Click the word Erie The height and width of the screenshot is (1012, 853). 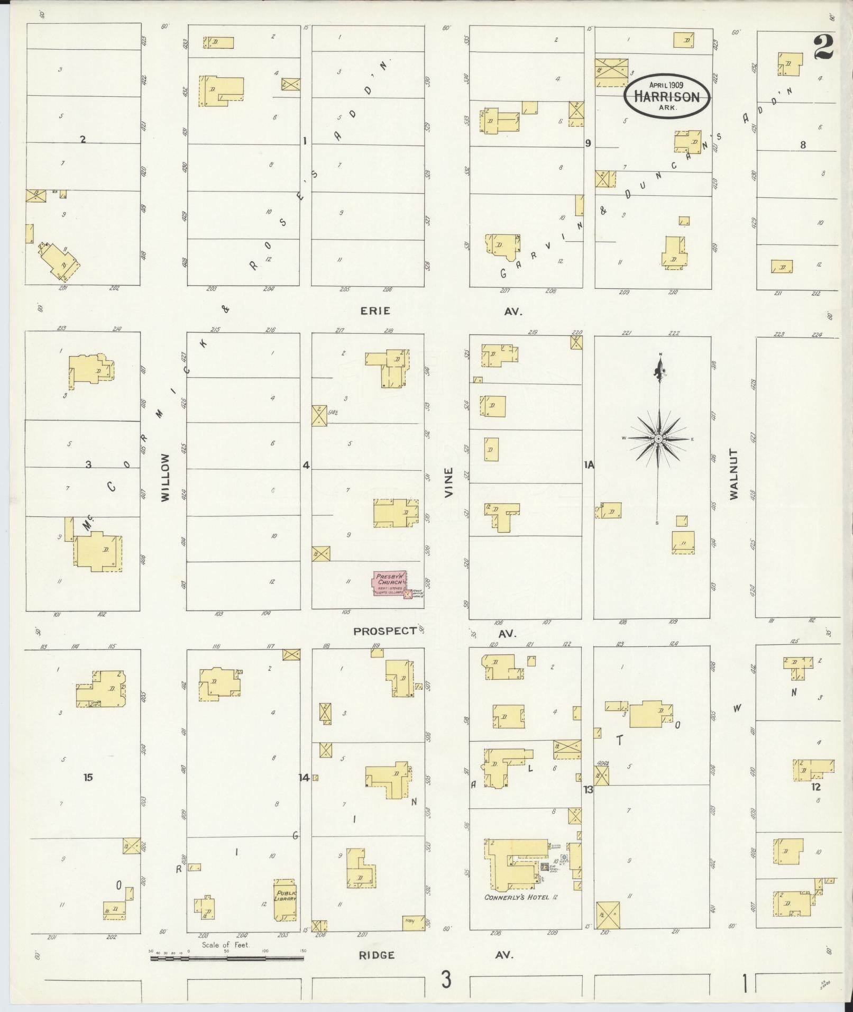coord(375,311)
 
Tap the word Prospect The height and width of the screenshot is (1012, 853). coord(385,631)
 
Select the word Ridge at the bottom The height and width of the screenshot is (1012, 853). coord(377,955)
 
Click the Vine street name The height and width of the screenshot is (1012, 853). coord(449,482)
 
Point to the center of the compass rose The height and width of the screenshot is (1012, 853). coord(659,439)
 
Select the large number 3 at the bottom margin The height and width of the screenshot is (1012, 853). coord(447,981)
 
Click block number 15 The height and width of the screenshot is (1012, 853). coord(88,777)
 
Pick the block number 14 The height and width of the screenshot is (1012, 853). coord(304,777)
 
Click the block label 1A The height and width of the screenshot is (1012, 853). coord(589,465)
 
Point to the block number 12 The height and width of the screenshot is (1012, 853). coord(816,787)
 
